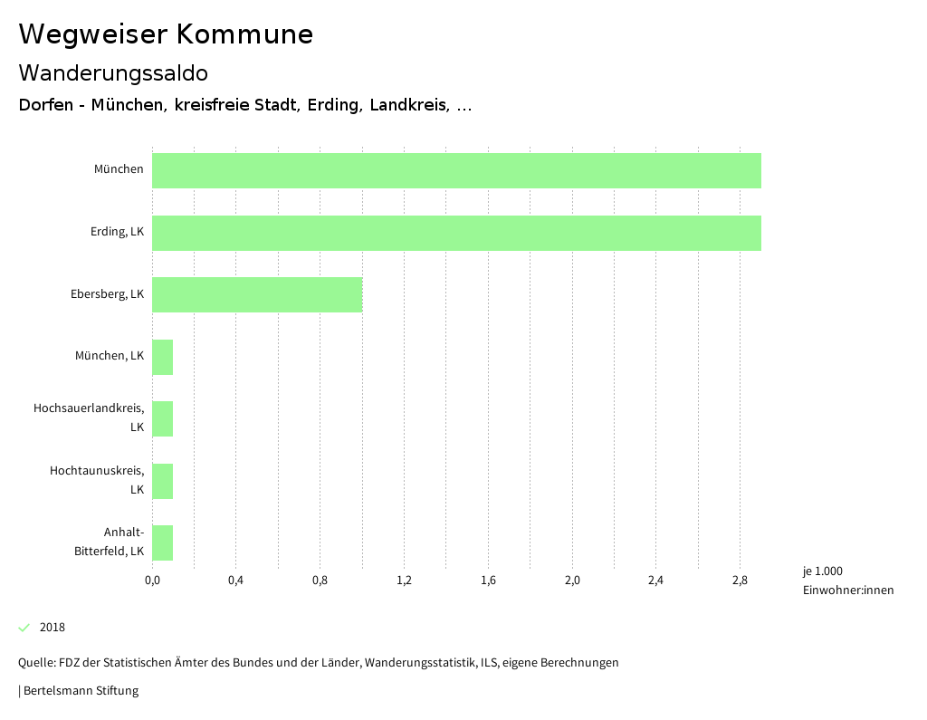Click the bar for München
(x=456, y=170)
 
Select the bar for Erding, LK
(x=456, y=233)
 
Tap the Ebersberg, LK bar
(x=257, y=294)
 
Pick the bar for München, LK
(x=162, y=357)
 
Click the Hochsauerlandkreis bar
(x=162, y=418)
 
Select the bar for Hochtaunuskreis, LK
(x=162, y=481)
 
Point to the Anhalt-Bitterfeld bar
(x=162, y=542)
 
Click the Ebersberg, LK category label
(x=107, y=293)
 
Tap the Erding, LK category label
(x=117, y=232)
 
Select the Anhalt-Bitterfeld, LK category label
(x=110, y=542)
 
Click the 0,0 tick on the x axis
(x=152, y=580)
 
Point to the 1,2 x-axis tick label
(x=404, y=580)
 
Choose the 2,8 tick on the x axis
(x=740, y=580)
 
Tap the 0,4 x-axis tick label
(x=235, y=580)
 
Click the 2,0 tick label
(x=572, y=580)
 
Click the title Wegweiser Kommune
(x=166, y=34)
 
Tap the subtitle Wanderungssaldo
(x=113, y=72)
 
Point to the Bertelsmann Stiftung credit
(x=80, y=691)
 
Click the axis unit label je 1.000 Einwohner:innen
(x=847, y=581)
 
